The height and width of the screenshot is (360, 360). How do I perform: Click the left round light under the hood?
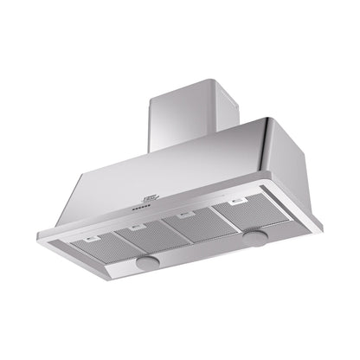[147, 260]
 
